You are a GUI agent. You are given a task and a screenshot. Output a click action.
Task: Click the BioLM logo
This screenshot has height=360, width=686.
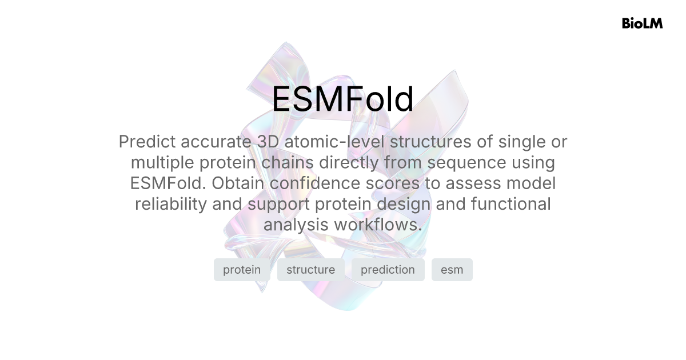[642, 23]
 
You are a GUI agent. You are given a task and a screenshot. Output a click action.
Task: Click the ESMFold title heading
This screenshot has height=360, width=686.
[342, 99]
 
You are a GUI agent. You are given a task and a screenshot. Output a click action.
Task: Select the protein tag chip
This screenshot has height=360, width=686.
[242, 270]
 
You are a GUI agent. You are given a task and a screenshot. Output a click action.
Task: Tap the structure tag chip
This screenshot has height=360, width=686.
[310, 270]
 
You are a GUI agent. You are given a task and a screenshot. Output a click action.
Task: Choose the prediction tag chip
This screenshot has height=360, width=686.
[388, 270]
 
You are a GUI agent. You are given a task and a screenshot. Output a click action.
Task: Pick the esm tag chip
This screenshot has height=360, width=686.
[452, 270]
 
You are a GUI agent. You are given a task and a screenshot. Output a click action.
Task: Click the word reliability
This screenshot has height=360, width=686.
[170, 204]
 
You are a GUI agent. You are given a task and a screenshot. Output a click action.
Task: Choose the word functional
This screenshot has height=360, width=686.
[504, 204]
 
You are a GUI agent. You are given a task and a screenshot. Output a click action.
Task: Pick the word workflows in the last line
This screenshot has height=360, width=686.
[378, 225]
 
